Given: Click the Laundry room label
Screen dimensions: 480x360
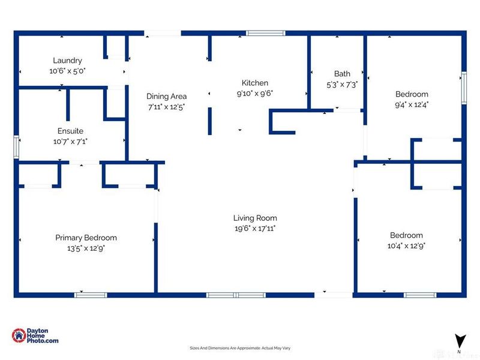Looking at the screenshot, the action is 67,61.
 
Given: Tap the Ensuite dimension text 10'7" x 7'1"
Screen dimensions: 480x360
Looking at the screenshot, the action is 70,142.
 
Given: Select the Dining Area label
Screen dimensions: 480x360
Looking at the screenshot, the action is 167,97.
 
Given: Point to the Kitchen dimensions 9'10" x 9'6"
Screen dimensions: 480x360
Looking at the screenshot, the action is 254,94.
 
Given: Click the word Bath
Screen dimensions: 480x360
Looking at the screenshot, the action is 342,74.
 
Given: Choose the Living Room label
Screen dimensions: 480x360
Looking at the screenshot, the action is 255,218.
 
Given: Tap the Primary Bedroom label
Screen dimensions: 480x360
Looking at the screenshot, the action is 86,238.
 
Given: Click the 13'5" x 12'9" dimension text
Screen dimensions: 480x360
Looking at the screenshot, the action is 86,248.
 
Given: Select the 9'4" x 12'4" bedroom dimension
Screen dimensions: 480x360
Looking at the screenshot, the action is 412,104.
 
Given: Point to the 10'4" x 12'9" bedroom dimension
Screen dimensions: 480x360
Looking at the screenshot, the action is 406,246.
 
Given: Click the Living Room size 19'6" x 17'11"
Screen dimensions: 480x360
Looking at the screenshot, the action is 255,229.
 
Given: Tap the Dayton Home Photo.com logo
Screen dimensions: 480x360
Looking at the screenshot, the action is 35,335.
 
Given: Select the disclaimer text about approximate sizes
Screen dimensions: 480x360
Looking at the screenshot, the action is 240,348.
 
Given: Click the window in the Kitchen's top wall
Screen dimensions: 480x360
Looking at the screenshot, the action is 266,33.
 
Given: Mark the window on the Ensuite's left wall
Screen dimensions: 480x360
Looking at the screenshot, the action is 17,147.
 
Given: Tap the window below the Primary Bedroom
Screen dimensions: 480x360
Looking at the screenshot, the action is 91,295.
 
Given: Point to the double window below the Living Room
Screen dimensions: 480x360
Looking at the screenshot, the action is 236,295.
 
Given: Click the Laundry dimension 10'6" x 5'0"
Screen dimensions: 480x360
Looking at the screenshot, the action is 67,71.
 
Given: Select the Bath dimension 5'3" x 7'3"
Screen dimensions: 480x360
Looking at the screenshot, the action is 342,85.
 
